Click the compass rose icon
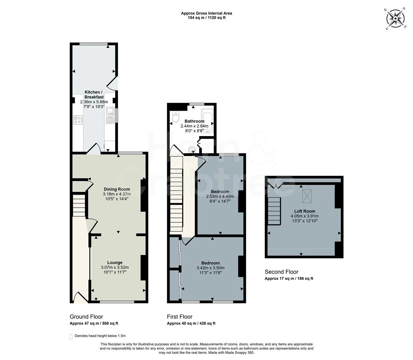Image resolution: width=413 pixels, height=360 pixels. pos(395,19)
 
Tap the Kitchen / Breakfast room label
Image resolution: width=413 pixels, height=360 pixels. pos(94,95)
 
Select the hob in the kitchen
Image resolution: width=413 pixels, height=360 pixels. pos(78,120)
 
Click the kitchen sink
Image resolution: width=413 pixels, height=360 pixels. pos(110,115)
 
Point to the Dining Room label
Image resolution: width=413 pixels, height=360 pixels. pos(117,189)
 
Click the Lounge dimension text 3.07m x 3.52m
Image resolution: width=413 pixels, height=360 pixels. pos(115,267)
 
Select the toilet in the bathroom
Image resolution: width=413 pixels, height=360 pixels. pos(176,117)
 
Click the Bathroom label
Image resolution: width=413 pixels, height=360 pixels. pos(195,121)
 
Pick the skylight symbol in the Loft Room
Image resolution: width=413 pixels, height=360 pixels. pos(307,196)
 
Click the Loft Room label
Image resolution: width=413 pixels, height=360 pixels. pos(305,211)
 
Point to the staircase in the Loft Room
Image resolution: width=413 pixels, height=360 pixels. pos(274,211)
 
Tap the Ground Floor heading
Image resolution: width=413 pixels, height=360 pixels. pos(86,317)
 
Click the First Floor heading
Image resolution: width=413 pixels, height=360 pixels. pos(180,317)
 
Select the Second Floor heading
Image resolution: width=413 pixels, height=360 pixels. pos(281,272)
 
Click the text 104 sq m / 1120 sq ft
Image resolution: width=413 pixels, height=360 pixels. pos(206,18)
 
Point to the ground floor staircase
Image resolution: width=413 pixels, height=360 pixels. pos(79,205)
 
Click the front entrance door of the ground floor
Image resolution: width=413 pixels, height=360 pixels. pos(81,298)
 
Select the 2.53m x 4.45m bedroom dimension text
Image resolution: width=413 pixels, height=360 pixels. pos(220,196)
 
